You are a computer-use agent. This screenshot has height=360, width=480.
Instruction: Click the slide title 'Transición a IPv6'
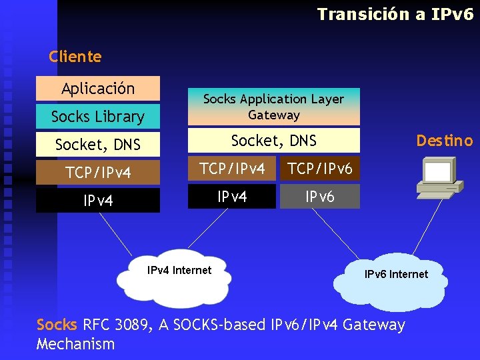click(x=395, y=14)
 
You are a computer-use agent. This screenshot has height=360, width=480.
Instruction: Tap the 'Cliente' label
click(x=75, y=57)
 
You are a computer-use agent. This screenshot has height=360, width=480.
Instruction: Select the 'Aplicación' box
click(x=98, y=88)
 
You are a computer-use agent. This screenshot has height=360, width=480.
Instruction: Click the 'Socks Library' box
click(x=98, y=117)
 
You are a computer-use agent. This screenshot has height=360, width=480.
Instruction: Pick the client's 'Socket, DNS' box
click(x=98, y=144)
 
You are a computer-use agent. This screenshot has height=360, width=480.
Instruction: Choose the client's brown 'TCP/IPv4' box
click(x=98, y=173)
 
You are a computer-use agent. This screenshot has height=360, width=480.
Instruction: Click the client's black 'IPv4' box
click(x=98, y=200)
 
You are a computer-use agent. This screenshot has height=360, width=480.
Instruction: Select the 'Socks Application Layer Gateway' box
click(x=273, y=107)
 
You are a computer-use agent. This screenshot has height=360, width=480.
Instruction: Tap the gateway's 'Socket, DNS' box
click(x=273, y=141)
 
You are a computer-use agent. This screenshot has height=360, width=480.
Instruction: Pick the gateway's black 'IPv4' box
click(x=232, y=197)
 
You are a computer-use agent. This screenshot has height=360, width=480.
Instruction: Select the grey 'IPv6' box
click(x=320, y=197)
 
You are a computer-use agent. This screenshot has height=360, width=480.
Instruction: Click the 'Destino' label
click(x=444, y=141)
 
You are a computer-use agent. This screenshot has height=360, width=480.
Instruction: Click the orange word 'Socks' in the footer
click(x=57, y=325)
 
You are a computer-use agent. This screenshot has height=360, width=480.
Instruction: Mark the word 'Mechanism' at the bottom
click(x=75, y=344)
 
